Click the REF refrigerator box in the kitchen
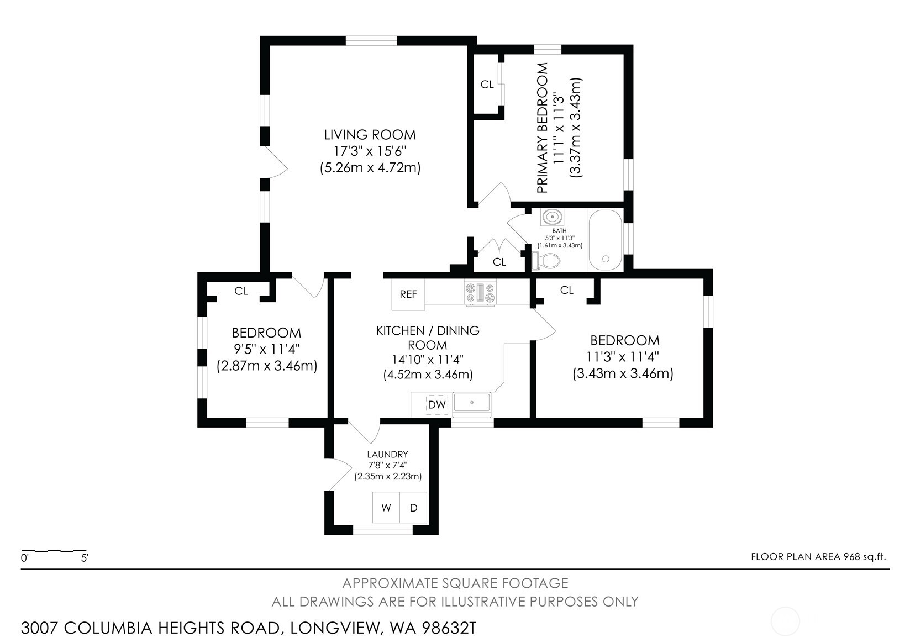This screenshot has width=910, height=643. (408, 294)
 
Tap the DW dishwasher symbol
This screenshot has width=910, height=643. (436, 404)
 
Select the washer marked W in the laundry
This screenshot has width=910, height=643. (386, 508)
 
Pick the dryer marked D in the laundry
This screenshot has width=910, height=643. (413, 508)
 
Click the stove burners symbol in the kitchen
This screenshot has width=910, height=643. (480, 293)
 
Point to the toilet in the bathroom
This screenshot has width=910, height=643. (546, 260)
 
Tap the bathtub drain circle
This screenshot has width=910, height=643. (606, 259)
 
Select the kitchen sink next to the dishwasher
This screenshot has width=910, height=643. (472, 403)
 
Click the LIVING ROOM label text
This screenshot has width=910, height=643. (370, 135)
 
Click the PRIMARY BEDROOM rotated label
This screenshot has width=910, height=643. (543, 128)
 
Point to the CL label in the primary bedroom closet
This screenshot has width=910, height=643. (487, 85)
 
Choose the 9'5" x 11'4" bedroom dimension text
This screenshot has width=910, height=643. (266, 349)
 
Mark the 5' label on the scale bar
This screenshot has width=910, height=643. (85, 558)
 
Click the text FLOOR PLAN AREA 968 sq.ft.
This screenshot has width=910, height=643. (818, 556)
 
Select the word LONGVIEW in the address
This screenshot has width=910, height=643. (334, 628)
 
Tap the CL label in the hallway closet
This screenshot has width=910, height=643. (499, 262)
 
